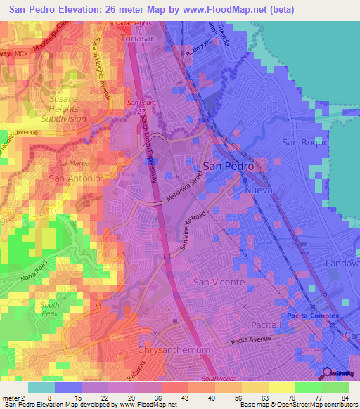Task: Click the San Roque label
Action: [305, 142]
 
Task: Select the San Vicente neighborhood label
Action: [219, 281]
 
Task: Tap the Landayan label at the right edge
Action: [342, 263]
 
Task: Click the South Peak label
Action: [50, 309]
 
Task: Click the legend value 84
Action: [345, 397]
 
